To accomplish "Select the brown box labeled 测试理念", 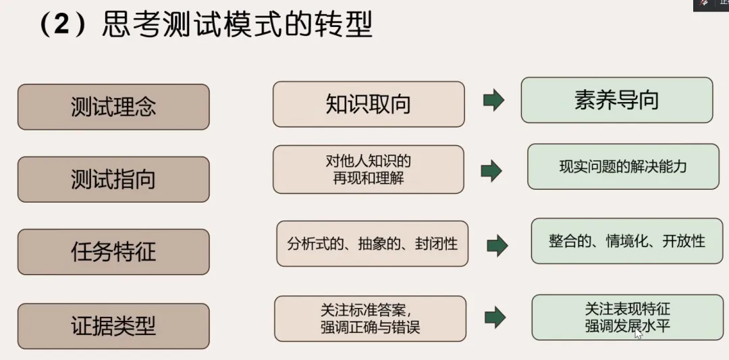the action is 113,107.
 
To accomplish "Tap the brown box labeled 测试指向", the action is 113,179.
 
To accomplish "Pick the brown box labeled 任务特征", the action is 113,251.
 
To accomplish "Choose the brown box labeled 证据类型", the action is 113,326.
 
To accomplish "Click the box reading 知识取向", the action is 369,104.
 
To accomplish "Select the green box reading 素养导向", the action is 616,100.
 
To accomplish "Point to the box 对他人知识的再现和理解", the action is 369,170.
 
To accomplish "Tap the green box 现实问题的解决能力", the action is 623,166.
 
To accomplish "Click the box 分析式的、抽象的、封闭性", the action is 372,243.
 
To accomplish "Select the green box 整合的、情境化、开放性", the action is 626,240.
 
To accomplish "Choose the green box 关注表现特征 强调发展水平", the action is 627,317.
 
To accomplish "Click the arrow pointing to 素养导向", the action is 493,101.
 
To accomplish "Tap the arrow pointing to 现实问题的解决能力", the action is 491,170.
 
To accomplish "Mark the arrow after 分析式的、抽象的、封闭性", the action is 497,245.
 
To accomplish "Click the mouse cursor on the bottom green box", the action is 637,332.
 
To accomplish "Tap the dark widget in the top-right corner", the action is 711,4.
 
